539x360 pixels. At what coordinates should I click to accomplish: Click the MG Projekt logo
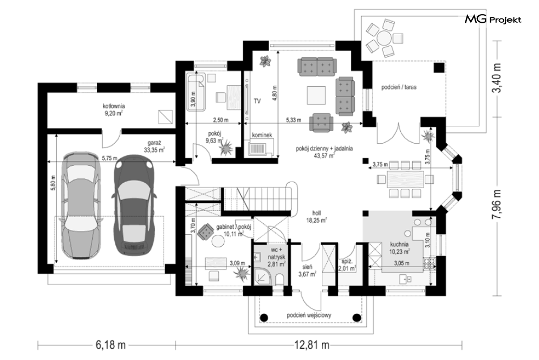coord(493,20)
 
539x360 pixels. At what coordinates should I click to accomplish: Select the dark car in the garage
coord(134,205)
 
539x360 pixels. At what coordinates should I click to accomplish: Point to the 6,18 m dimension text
coord(111,345)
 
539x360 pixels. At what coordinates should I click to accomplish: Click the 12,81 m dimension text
coord(311,345)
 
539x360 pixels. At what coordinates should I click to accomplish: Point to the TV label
coord(257,101)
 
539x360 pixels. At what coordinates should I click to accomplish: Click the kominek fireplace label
coord(262,135)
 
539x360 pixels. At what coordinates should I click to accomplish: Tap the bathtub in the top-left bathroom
coord(196,93)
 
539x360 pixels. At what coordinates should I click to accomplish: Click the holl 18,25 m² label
coord(316,217)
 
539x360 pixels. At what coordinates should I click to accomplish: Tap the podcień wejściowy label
coord(309,315)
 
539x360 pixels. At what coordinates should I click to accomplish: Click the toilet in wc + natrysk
coord(280,279)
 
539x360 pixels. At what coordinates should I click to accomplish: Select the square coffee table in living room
coord(316,95)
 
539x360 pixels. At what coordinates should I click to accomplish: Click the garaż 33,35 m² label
coord(154,146)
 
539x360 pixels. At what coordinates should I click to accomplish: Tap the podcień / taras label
coord(399,87)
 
